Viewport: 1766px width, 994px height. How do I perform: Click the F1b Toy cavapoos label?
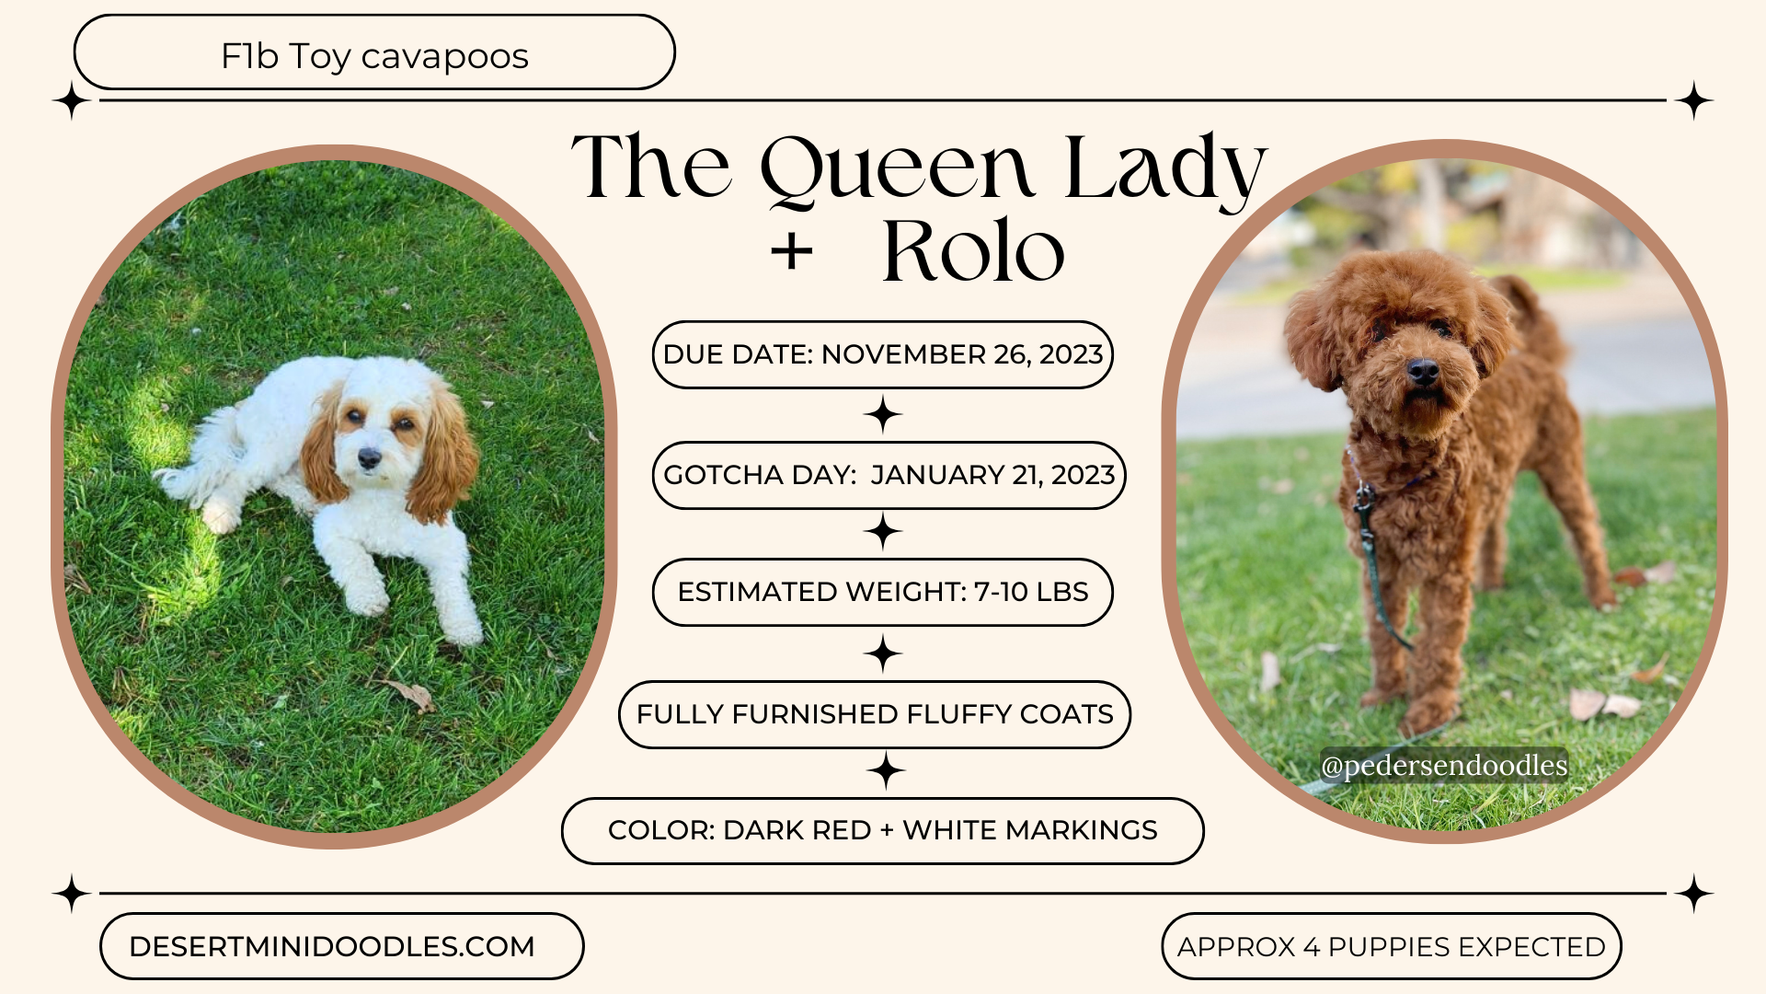pos(374,55)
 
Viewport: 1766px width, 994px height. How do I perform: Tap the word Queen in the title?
pos(897,168)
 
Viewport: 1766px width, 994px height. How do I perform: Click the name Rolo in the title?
pos(973,250)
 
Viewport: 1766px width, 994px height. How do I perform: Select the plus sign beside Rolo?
pos(792,251)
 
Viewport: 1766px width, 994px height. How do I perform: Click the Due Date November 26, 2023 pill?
pos(882,354)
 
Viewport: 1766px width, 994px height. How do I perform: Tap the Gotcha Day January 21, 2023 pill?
pos(889,475)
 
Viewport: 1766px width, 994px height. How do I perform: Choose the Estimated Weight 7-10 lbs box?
pos(882,592)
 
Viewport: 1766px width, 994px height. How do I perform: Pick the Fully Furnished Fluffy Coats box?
pos(875,714)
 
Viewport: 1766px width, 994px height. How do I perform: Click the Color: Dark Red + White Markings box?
pos(882,830)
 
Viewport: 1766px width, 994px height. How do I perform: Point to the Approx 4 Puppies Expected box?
pos(1391,946)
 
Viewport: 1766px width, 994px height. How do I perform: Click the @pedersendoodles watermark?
pos(1443,765)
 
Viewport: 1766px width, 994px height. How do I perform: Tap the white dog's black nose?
pos(370,457)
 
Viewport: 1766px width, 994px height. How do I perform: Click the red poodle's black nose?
pos(1423,372)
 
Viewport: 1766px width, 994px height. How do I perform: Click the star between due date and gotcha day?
pos(883,414)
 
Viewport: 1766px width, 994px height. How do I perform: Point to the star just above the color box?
pos(886,770)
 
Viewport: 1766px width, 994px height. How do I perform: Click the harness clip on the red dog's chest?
pos(1363,498)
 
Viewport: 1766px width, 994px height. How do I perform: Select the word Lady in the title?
pos(1165,168)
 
